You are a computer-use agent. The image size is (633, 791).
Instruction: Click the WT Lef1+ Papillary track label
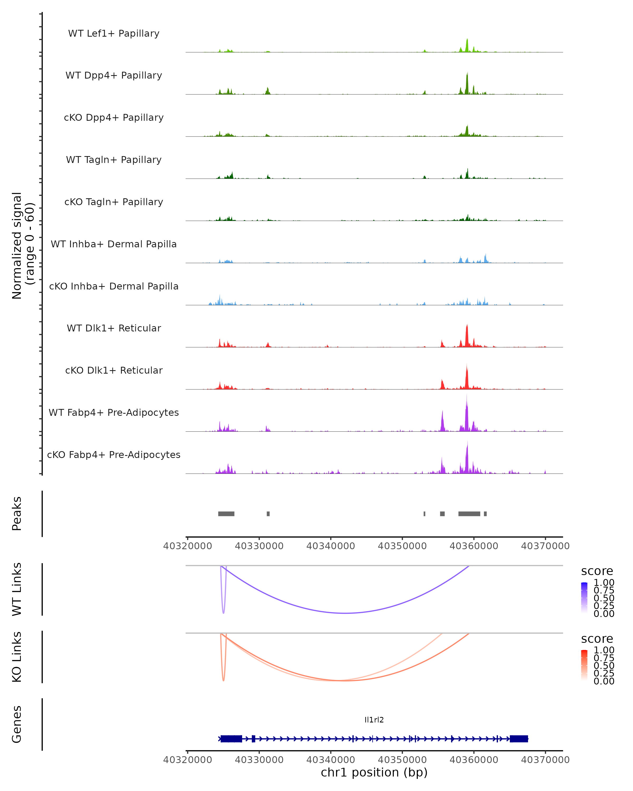pyautogui.click(x=114, y=33)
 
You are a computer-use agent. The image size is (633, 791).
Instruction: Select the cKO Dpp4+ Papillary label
pyautogui.click(x=114, y=118)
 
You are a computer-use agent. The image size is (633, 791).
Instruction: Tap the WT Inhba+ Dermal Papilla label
pyautogui.click(x=114, y=244)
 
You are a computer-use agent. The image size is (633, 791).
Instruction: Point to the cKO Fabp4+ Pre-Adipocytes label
pyautogui.click(x=114, y=455)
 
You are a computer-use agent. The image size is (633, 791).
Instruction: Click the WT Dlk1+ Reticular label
pyautogui.click(x=114, y=328)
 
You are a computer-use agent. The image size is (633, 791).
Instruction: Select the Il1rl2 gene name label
pyautogui.click(x=374, y=720)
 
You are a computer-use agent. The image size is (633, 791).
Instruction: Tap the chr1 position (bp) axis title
pyautogui.click(x=374, y=772)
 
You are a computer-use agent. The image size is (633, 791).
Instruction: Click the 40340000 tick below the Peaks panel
pyautogui.click(x=331, y=546)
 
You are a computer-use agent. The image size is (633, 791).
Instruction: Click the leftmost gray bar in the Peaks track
pyautogui.click(x=226, y=514)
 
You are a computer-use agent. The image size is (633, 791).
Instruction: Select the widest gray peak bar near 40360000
pyautogui.click(x=469, y=514)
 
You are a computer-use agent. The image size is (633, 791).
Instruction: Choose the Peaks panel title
pyautogui.click(x=17, y=514)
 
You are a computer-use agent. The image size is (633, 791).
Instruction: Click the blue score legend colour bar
pyautogui.click(x=584, y=597)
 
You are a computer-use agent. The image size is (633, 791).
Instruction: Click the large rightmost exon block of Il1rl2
pyautogui.click(x=519, y=739)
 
